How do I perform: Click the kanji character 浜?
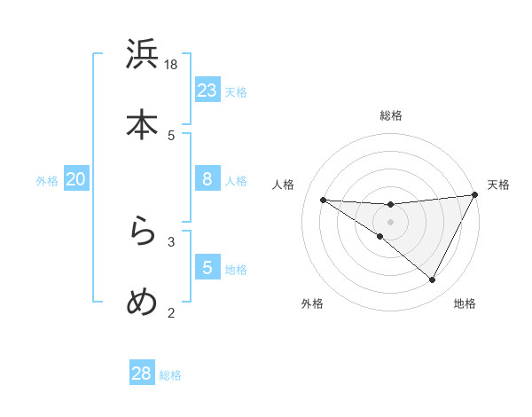pos(142,55)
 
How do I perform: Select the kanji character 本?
pos(142,124)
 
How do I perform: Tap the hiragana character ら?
pos(142,232)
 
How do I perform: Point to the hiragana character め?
pos(142,302)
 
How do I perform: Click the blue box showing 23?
pos(207,90)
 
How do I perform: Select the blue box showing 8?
pos(207,179)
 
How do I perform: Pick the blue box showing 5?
pos(207,267)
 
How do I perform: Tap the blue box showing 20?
pos(75,179)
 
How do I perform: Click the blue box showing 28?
pos(142,374)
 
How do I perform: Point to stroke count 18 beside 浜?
pos(171,64)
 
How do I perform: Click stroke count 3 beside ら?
pos(171,240)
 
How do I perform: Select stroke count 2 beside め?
pos(171,311)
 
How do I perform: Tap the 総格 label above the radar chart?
pos(390,115)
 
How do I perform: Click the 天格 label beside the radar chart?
pos(498,185)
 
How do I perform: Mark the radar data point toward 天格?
pos(475,194)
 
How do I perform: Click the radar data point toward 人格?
pos(323,200)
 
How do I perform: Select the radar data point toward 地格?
pos(433,280)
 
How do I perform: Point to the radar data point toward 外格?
pos(380,236)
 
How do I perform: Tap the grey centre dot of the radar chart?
pos(390,222)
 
